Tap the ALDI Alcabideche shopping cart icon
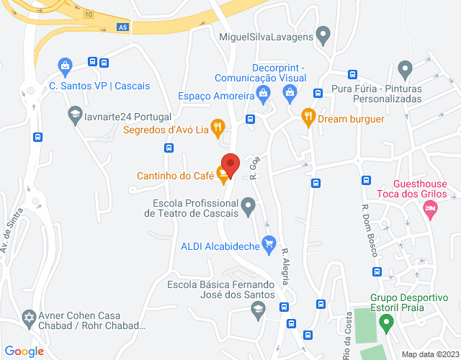[269, 243]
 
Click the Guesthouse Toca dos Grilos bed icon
[430, 209]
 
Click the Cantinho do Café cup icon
[224, 173]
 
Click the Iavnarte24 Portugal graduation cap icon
[74, 114]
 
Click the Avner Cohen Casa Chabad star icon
[30, 318]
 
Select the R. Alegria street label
[286, 266]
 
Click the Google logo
[25, 351]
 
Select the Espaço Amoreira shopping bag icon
[264, 92]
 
